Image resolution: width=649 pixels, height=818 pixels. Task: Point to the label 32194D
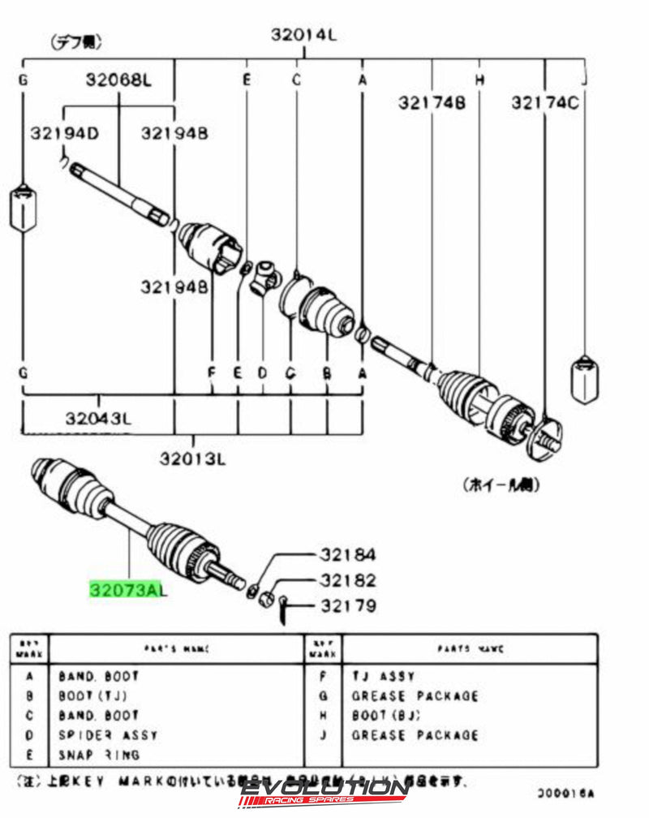(x=65, y=132)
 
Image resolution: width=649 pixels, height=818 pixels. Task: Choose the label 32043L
(x=98, y=419)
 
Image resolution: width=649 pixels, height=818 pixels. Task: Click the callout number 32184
(x=347, y=555)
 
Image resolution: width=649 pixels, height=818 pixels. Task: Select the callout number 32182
(x=347, y=580)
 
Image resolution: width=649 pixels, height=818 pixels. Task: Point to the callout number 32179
(x=347, y=605)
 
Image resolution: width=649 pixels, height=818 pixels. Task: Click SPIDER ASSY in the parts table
(x=108, y=735)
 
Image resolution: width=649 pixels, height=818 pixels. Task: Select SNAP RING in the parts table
(x=99, y=755)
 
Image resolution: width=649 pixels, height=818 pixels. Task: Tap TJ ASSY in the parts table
(x=383, y=676)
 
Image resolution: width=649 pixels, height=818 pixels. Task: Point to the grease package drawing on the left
(x=23, y=209)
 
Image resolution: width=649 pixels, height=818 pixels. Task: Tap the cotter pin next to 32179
(x=285, y=606)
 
